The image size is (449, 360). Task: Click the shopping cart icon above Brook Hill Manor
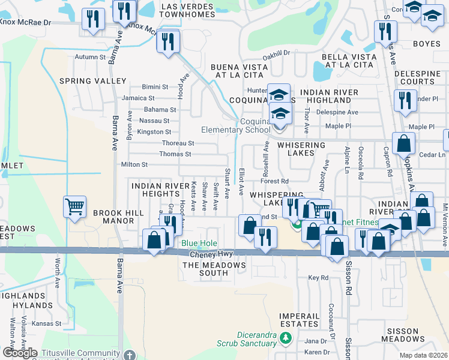(x=74, y=208)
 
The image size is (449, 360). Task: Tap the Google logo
(x=20, y=353)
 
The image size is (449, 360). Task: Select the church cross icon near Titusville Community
(x=129, y=355)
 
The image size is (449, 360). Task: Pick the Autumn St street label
(x=90, y=57)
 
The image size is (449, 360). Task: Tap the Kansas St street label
(x=48, y=323)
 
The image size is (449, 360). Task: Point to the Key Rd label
(x=318, y=278)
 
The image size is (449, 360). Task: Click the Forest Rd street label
(x=276, y=181)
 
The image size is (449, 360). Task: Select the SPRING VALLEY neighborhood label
(x=92, y=80)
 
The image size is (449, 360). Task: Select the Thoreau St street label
(x=178, y=143)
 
